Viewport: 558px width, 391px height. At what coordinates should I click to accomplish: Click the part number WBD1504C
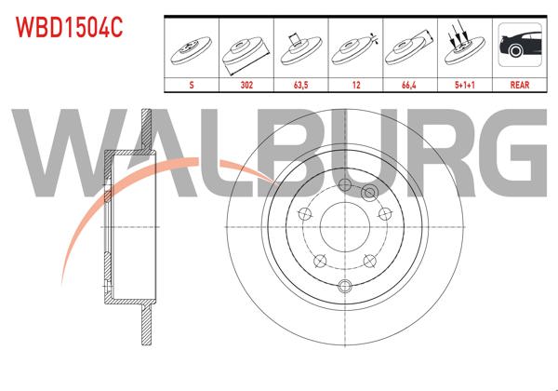click(68, 27)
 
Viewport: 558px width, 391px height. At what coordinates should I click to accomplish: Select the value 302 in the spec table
click(247, 84)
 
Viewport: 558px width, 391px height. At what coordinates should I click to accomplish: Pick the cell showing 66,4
click(409, 84)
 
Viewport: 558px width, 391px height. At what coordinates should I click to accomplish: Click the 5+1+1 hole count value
click(463, 84)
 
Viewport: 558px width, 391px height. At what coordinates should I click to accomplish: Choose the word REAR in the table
click(520, 84)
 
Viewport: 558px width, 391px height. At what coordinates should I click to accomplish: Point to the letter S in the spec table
click(193, 84)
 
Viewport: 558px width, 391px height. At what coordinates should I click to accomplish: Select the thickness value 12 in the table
click(355, 84)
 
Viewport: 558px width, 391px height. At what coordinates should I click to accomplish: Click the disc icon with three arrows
click(463, 47)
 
